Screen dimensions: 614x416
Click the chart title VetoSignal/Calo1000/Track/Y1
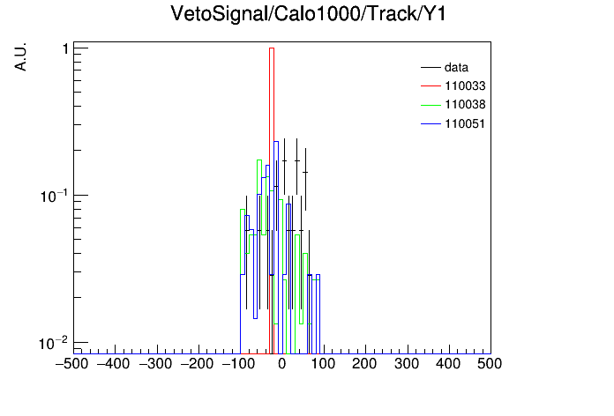coord(308,14)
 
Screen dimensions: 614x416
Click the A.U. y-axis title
coord(20,56)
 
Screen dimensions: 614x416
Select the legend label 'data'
coord(456,67)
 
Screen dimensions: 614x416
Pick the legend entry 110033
coord(465,85)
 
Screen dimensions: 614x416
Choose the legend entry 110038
coord(465,105)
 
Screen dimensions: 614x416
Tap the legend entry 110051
coord(465,123)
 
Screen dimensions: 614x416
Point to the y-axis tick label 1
coord(65,49)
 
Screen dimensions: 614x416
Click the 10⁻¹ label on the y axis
coord(54,196)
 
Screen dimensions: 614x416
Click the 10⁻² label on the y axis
coord(54,343)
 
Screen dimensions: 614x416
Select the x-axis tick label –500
coord(72,364)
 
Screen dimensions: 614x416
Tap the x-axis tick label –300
coord(155,364)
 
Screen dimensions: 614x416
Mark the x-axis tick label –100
coord(238,364)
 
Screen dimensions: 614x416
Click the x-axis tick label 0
coord(282,364)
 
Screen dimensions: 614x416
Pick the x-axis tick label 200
coord(364,364)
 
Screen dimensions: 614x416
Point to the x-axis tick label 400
coord(448,364)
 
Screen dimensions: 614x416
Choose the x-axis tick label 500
coord(490,364)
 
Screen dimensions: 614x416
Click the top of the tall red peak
coord(272,48)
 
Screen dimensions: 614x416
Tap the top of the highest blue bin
coord(276,142)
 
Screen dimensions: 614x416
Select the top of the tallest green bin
coord(259,160)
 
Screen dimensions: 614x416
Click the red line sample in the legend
coord(431,85)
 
